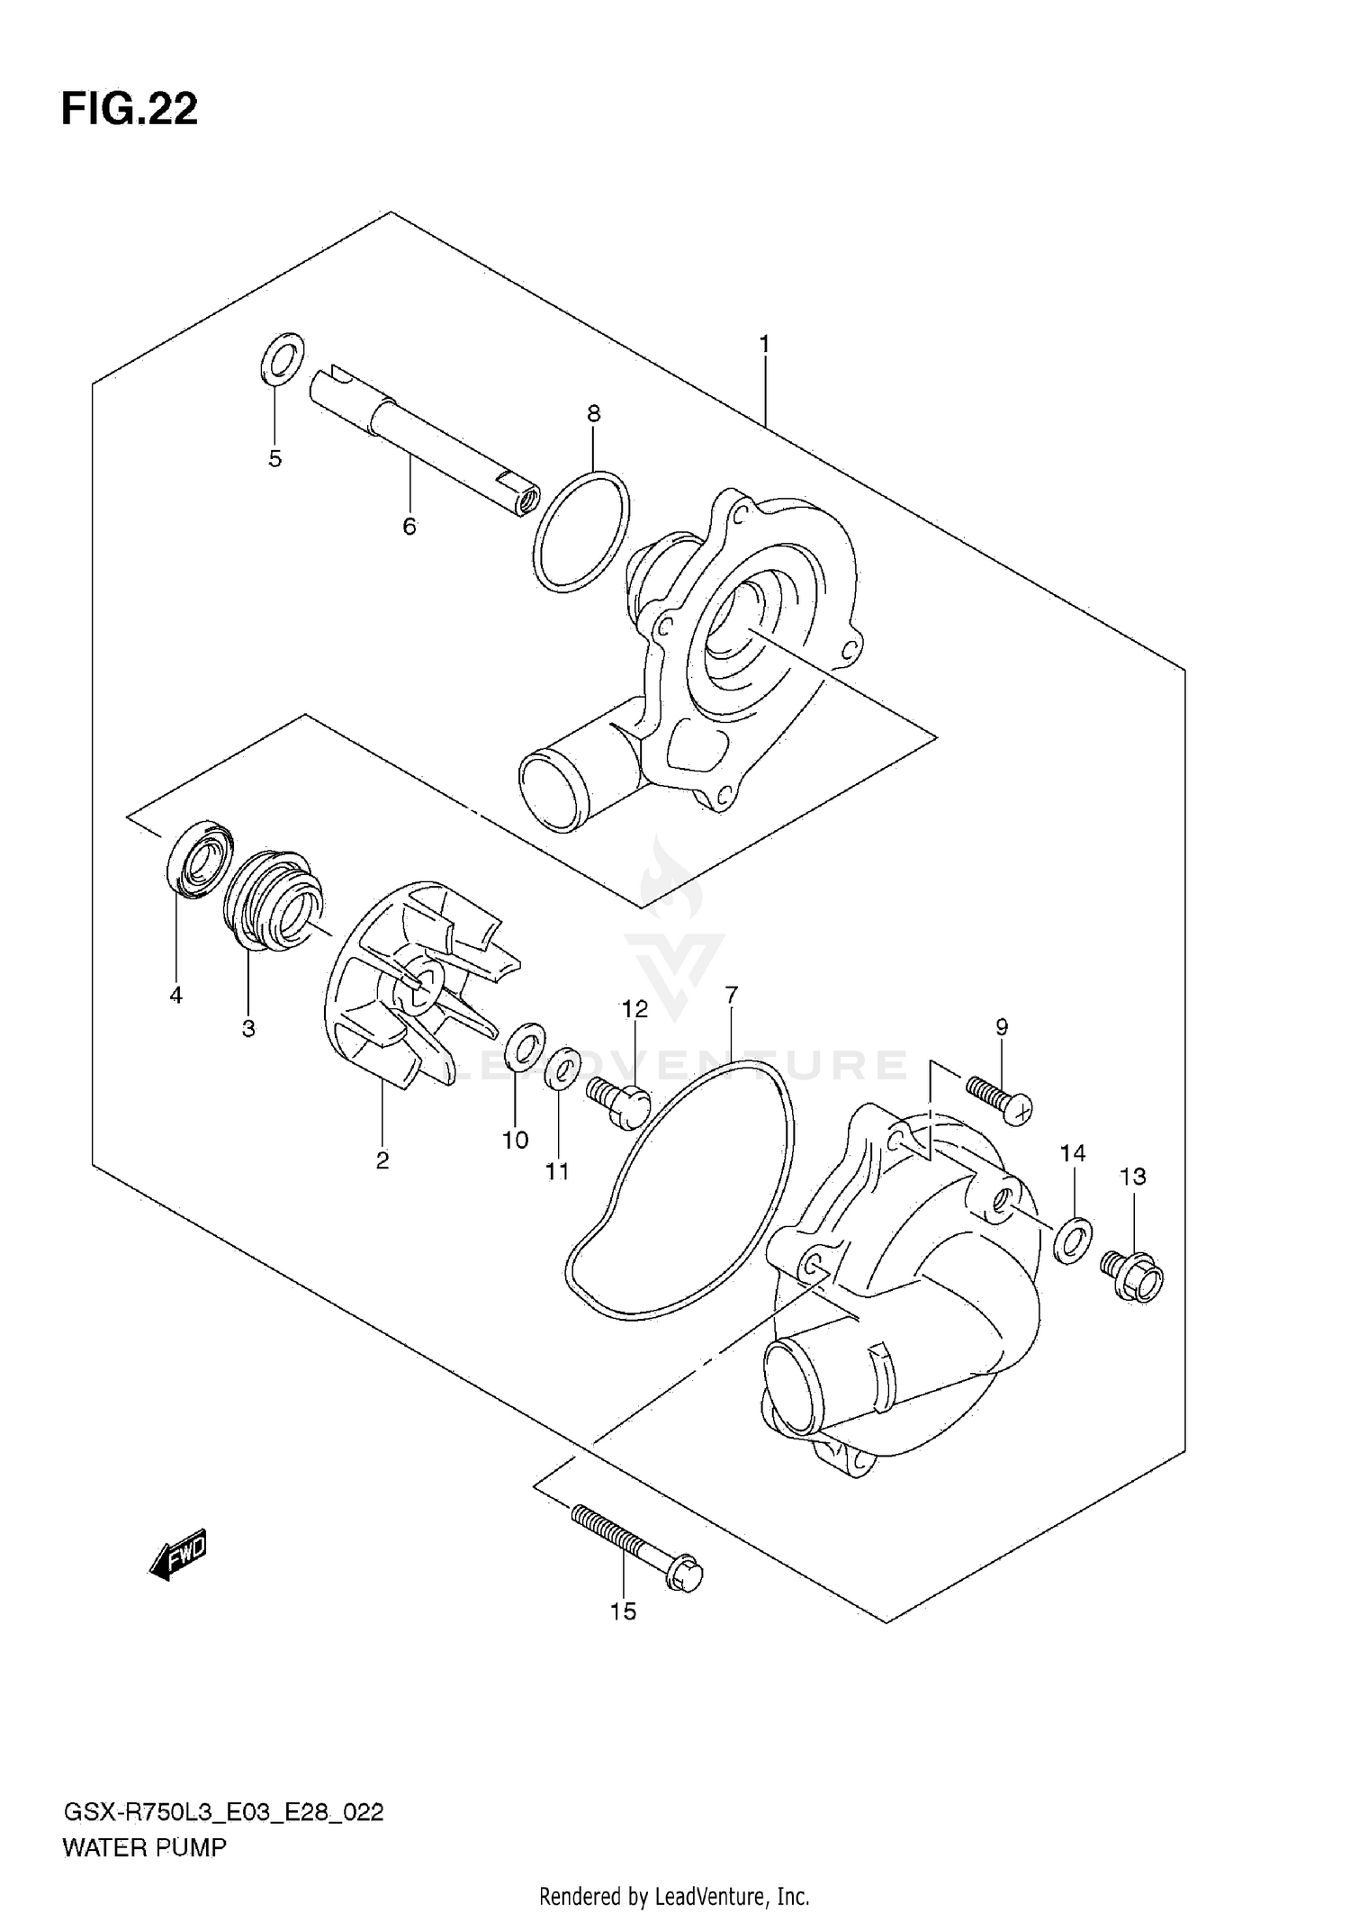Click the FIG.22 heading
click(x=130, y=110)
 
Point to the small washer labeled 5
click(x=282, y=358)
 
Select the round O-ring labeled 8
click(x=581, y=531)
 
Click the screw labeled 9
click(x=999, y=1098)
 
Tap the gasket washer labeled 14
click(x=1073, y=1241)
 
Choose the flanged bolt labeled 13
click(x=1132, y=1276)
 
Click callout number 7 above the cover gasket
click(x=731, y=995)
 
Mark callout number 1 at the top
click(x=763, y=343)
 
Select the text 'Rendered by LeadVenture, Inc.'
click(x=674, y=1896)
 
